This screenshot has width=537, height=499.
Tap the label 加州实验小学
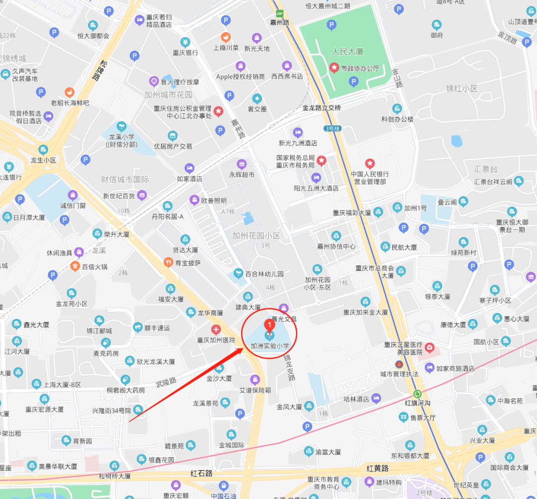pos(269,346)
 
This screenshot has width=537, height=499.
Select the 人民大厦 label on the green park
pos(348,52)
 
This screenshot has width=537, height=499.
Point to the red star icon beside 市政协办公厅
pos(334,68)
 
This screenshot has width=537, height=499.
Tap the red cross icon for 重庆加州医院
pos(216,330)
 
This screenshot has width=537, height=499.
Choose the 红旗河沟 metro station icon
pos(417,394)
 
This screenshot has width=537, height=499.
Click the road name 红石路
pos(201,473)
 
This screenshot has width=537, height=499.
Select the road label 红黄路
pos(377,468)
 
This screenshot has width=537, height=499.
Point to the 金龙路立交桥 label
pos(322,108)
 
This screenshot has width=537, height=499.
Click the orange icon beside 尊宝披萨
pos(168,262)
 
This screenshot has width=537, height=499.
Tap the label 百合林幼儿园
pos(264,274)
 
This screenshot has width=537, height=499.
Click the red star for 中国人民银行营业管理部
pos(370,163)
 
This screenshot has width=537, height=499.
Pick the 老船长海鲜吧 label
pos(70,103)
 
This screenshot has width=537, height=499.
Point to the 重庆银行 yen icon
pos(185,42)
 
